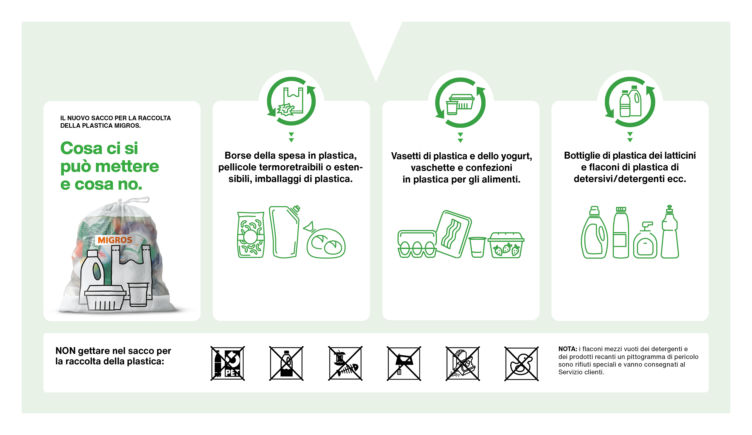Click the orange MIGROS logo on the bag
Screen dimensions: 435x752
click(x=115, y=240)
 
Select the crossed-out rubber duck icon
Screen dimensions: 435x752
click(x=521, y=363)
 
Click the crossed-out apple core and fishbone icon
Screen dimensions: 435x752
click(x=345, y=363)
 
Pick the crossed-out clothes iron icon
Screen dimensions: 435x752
click(x=404, y=363)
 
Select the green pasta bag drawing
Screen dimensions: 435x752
click(x=251, y=235)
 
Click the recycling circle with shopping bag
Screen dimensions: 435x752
click(x=291, y=101)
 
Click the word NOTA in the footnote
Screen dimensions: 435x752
click(x=567, y=349)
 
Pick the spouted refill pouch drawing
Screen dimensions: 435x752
click(x=284, y=231)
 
